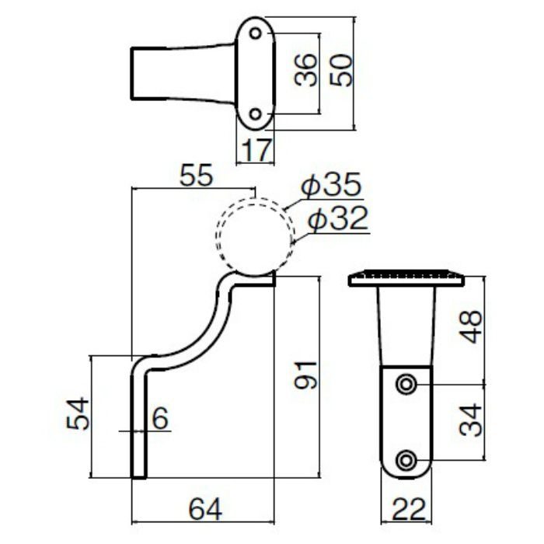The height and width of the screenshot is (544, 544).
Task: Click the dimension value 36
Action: pyautogui.click(x=307, y=71)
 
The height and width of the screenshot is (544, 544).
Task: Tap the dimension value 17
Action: pyautogui.click(x=255, y=150)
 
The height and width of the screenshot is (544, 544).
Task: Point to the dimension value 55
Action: pyautogui.click(x=195, y=176)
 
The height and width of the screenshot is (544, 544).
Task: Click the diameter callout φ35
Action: pyautogui.click(x=332, y=187)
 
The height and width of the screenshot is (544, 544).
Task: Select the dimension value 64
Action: pyautogui.click(x=204, y=509)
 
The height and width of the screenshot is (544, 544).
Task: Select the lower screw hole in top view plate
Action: pyautogui.click(x=254, y=114)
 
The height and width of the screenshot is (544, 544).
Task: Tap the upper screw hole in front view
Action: pyautogui.click(x=405, y=385)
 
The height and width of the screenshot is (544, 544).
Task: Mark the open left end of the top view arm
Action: pyautogui.click(x=131, y=73)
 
